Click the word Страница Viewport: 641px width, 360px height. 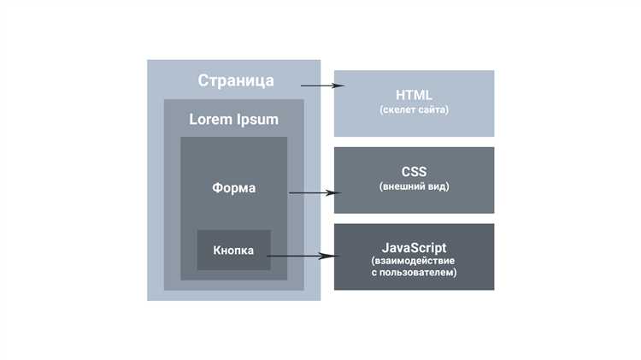(236, 80)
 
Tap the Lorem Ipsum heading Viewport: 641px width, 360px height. (234, 120)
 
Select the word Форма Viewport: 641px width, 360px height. (234, 188)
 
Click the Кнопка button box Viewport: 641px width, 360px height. (234, 250)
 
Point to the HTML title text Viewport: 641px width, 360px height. (414, 95)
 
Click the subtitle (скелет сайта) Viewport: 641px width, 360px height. (415, 109)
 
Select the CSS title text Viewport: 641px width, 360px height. (414, 172)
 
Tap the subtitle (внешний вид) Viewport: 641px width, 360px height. (415, 186)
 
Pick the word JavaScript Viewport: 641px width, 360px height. (415, 248)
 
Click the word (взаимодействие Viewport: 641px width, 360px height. (413, 261)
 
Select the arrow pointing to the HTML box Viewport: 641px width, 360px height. (322, 86)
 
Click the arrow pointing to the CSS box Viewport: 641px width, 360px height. (315, 192)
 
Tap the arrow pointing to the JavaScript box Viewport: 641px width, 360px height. (303, 256)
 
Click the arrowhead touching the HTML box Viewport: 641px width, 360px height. (339, 86)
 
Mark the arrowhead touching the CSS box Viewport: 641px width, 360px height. (334, 192)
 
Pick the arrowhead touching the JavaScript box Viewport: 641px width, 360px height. (330, 256)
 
